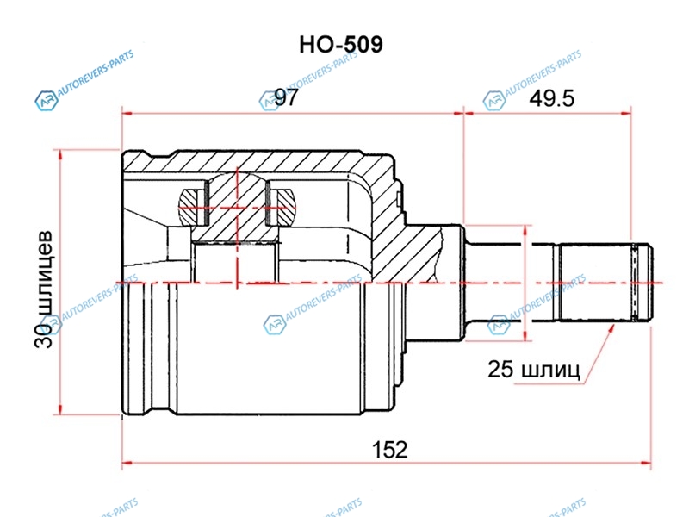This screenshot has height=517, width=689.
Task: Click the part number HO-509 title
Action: click(x=340, y=45)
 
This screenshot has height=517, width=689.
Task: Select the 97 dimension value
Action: click(x=286, y=98)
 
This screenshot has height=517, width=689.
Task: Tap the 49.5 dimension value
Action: click(x=551, y=98)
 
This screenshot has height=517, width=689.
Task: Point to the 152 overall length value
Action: click(x=389, y=449)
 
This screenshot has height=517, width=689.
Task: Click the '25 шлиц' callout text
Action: click(x=534, y=370)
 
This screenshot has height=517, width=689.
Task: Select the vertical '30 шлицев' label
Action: click(x=43, y=290)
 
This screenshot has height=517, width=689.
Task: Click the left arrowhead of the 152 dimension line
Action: click(x=127, y=463)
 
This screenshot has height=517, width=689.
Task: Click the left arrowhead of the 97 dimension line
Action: click(x=127, y=114)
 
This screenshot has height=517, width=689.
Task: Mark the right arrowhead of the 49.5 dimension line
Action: click(x=625, y=114)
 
